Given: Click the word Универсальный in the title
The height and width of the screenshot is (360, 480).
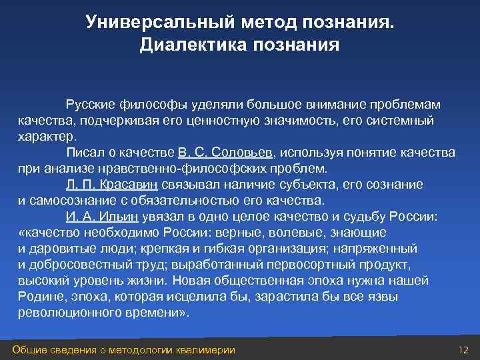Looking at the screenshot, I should [x=155, y=23].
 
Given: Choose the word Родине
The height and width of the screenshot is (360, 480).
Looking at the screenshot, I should [x=39, y=296].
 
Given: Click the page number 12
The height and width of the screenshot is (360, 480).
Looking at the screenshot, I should [x=464, y=351].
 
